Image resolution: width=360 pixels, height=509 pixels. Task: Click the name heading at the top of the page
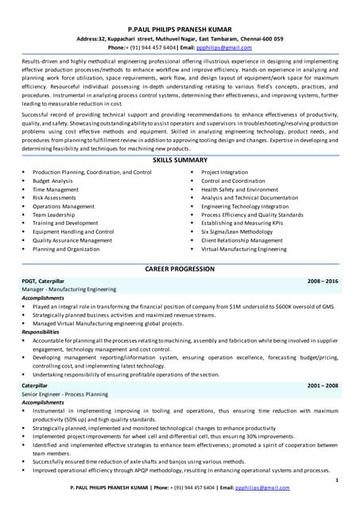click(180, 26)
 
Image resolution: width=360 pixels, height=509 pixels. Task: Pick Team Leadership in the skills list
click(54, 215)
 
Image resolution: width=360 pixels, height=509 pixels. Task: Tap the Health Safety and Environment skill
click(239, 190)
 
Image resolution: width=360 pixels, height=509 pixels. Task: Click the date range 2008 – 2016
click(323, 282)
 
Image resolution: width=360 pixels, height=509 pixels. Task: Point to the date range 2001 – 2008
click(323, 385)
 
